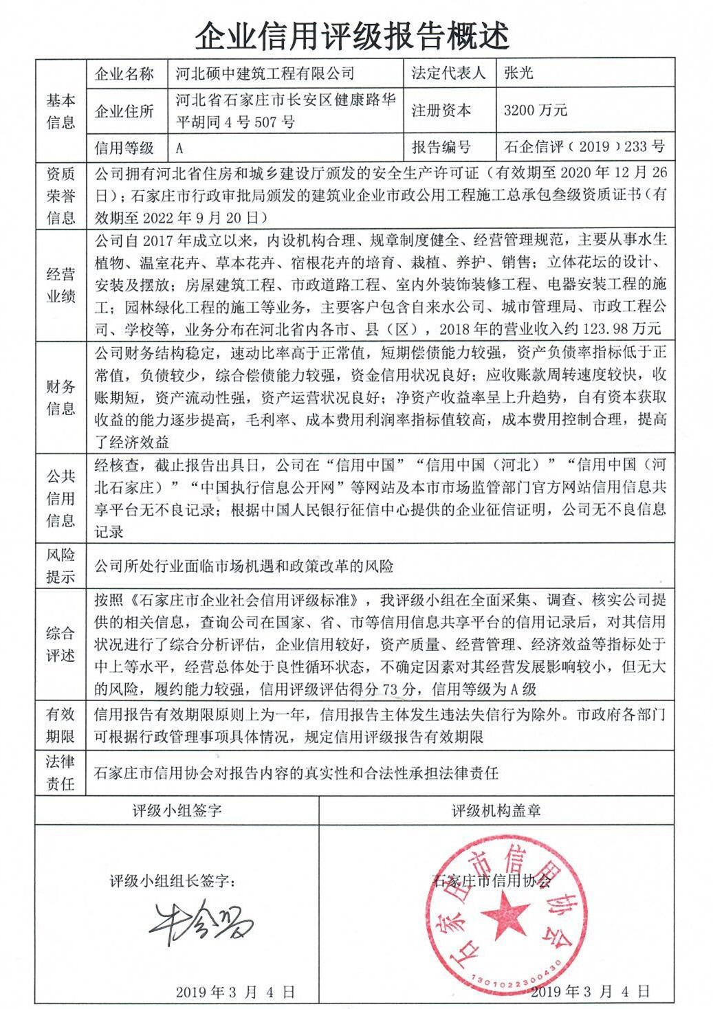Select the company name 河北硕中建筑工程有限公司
click(265, 74)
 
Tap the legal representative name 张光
click(518, 74)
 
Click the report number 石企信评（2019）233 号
click(584, 146)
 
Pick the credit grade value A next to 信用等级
click(180, 147)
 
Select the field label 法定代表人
click(448, 74)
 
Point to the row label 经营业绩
click(61, 286)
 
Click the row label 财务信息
click(61, 397)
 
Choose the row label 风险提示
click(61, 566)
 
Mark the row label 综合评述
click(61, 644)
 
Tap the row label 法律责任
click(61, 773)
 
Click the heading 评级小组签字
click(177, 810)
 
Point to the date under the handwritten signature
click(234, 991)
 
